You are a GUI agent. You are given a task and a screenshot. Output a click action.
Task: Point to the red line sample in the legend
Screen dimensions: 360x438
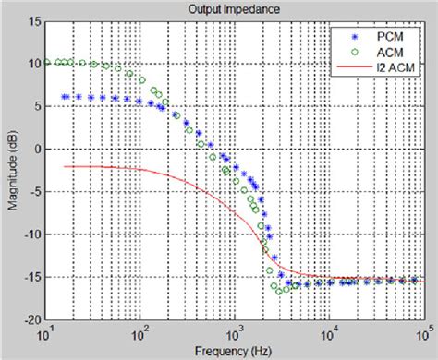(x=352, y=68)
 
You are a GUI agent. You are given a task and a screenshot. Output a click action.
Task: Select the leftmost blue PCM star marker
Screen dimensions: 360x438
(x=63, y=96)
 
